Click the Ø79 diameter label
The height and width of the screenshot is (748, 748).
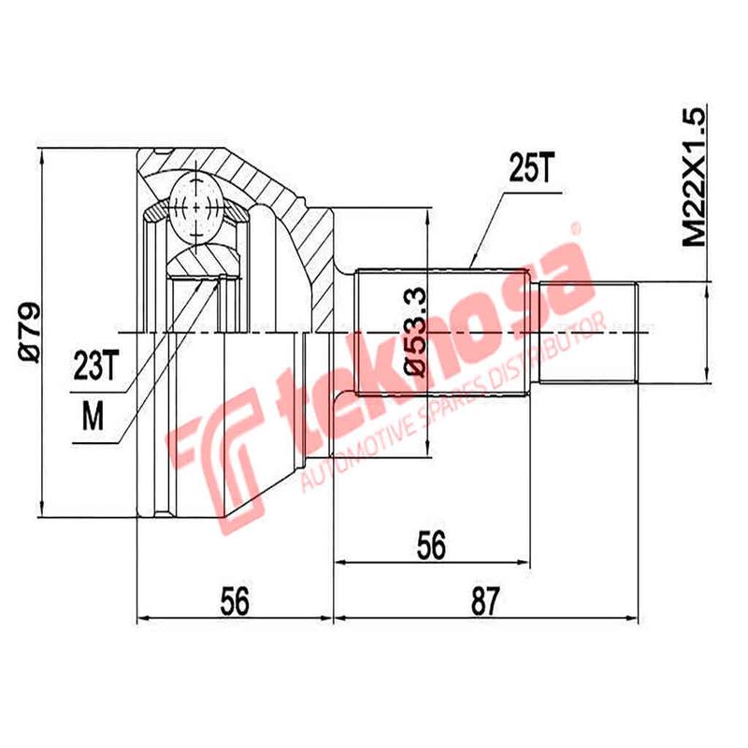27,332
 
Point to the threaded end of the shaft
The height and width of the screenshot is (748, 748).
589,332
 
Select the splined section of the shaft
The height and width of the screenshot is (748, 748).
444,332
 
